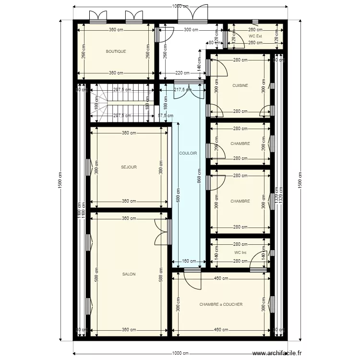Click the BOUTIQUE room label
[x=116, y=51]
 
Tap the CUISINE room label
[x=240, y=86]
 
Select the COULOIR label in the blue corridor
[x=188, y=153]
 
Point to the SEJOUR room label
[x=129, y=168]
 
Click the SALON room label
[x=129, y=274]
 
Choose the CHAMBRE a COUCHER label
[x=221, y=304]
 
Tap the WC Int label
[x=240, y=252]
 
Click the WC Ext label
[x=255, y=36]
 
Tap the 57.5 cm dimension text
[x=165, y=116]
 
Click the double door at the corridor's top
[x=183, y=91]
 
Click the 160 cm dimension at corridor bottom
[x=189, y=262]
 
